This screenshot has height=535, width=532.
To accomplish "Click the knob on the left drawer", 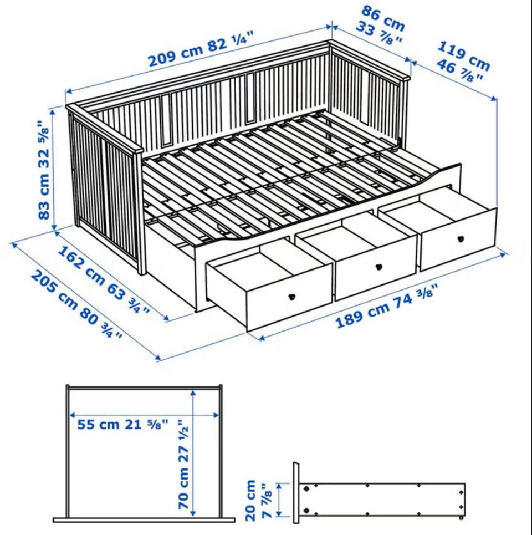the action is pyautogui.click(x=291, y=297).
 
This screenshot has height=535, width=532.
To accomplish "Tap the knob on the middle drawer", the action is pyautogui.click(x=378, y=267).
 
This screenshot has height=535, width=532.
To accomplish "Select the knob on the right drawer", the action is pyautogui.click(x=461, y=239).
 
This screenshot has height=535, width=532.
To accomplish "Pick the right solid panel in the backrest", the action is pyautogui.click(x=250, y=98).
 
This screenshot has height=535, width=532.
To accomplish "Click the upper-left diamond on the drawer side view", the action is pyautogui.click(x=306, y=488).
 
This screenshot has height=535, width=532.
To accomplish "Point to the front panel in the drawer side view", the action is pyautogui.click(x=296, y=493).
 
